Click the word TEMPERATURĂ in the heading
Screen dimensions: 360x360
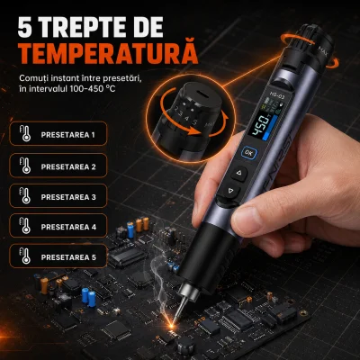tap(110, 54)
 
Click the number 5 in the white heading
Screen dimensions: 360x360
tap(25, 28)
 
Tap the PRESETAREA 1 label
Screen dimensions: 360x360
tap(68, 135)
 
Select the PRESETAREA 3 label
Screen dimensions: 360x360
tap(68, 197)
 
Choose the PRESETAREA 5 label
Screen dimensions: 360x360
tap(68, 257)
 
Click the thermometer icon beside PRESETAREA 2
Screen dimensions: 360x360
tap(25, 166)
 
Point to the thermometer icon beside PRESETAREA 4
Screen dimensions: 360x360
tap(25, 225)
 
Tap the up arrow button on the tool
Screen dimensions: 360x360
tap(239, 173)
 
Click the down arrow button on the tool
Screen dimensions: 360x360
tap(230, 191)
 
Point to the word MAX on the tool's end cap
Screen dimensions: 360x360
tap(323, 49)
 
